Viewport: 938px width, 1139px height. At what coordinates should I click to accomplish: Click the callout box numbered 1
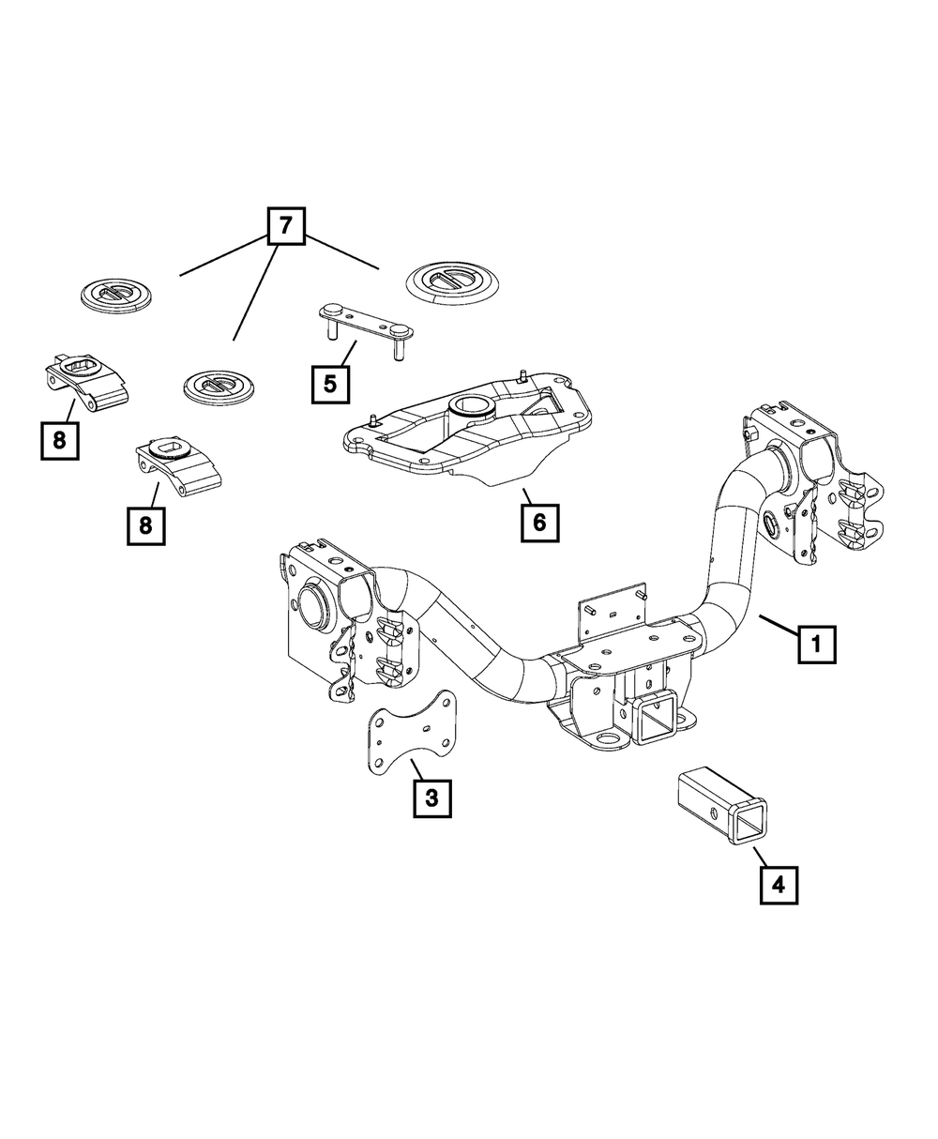pyautogui.click(x=817, y=645)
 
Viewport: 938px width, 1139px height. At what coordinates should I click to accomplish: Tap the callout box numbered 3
pyautogui.click(x=431, y=798)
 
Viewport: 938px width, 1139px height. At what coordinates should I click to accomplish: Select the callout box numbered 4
pyautogui.click(x=779, y=884)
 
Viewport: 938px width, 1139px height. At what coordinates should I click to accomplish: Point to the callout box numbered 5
pyautogui.click(x=331, y=384)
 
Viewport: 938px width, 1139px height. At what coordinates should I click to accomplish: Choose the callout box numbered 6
pyautogui.click(x=540, y=523)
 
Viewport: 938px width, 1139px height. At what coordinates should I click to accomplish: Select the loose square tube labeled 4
pyautogui.click(x=719, y=805)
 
